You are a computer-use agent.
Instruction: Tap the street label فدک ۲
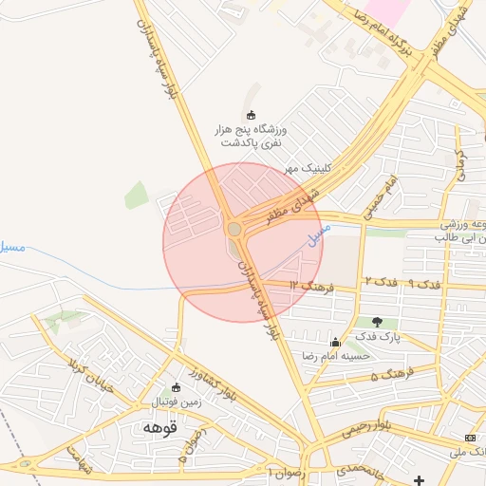click(381, 283)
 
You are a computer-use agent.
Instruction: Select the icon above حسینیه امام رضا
click(334, 343)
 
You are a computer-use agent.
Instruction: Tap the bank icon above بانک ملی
click(471, 437)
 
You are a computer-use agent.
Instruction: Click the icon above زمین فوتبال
click(175, 387)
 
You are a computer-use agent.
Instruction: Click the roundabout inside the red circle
click(234, 229)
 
